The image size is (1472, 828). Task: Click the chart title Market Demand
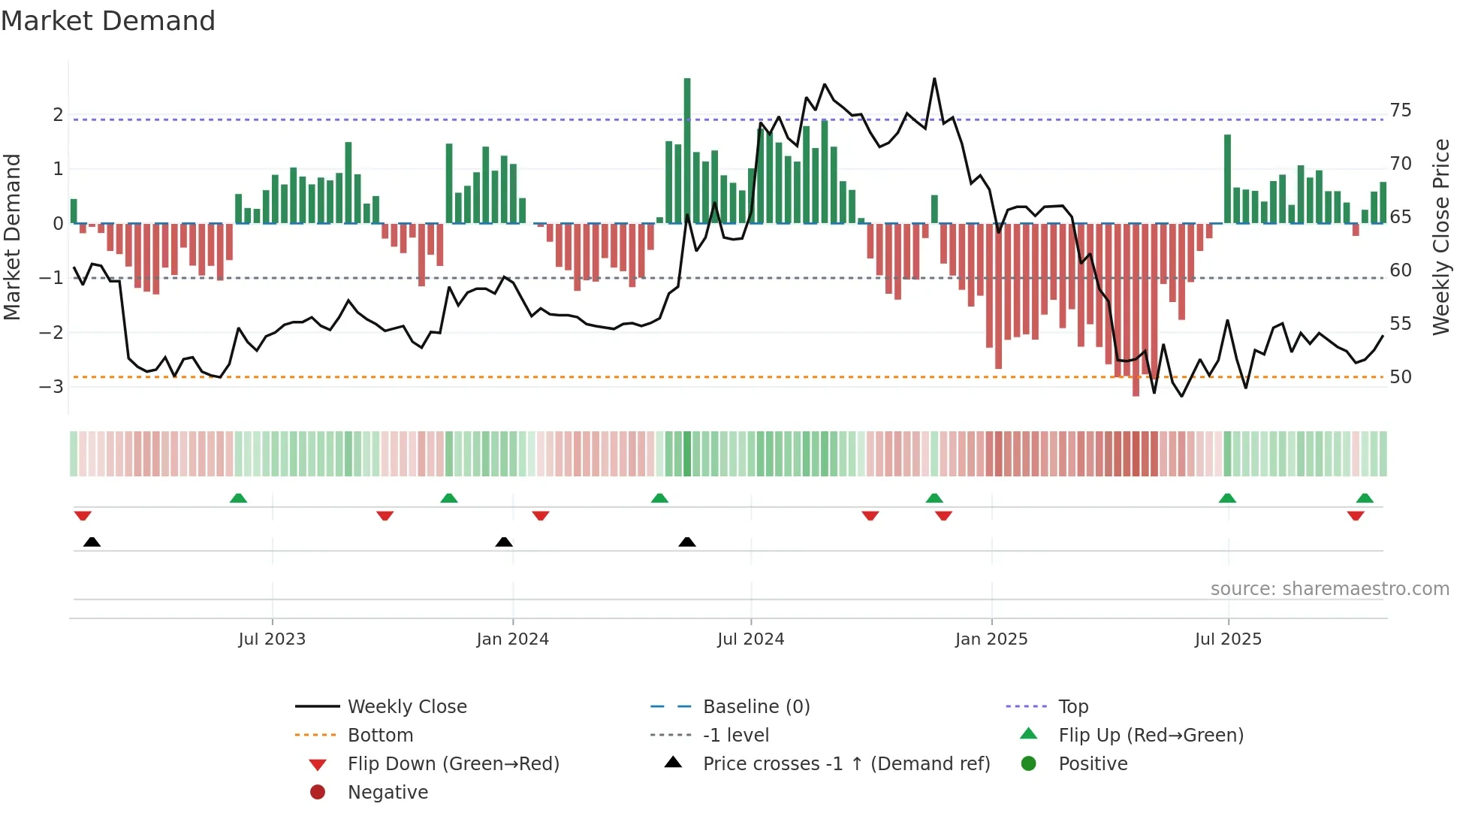108,21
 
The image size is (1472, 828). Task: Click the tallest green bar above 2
687,150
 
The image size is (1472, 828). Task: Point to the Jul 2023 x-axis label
272,639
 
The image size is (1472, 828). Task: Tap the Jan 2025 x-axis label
991,639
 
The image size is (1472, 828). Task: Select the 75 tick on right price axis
1401,110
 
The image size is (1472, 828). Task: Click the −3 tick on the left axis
52,387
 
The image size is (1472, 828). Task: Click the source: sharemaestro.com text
1329,589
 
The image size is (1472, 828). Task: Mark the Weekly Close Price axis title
1441,237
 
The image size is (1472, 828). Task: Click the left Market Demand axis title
13,237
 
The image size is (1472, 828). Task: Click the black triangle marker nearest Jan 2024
504,542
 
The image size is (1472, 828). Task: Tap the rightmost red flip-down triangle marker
1356,515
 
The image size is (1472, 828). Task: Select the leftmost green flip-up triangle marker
238,498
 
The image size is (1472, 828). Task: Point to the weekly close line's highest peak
934,79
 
